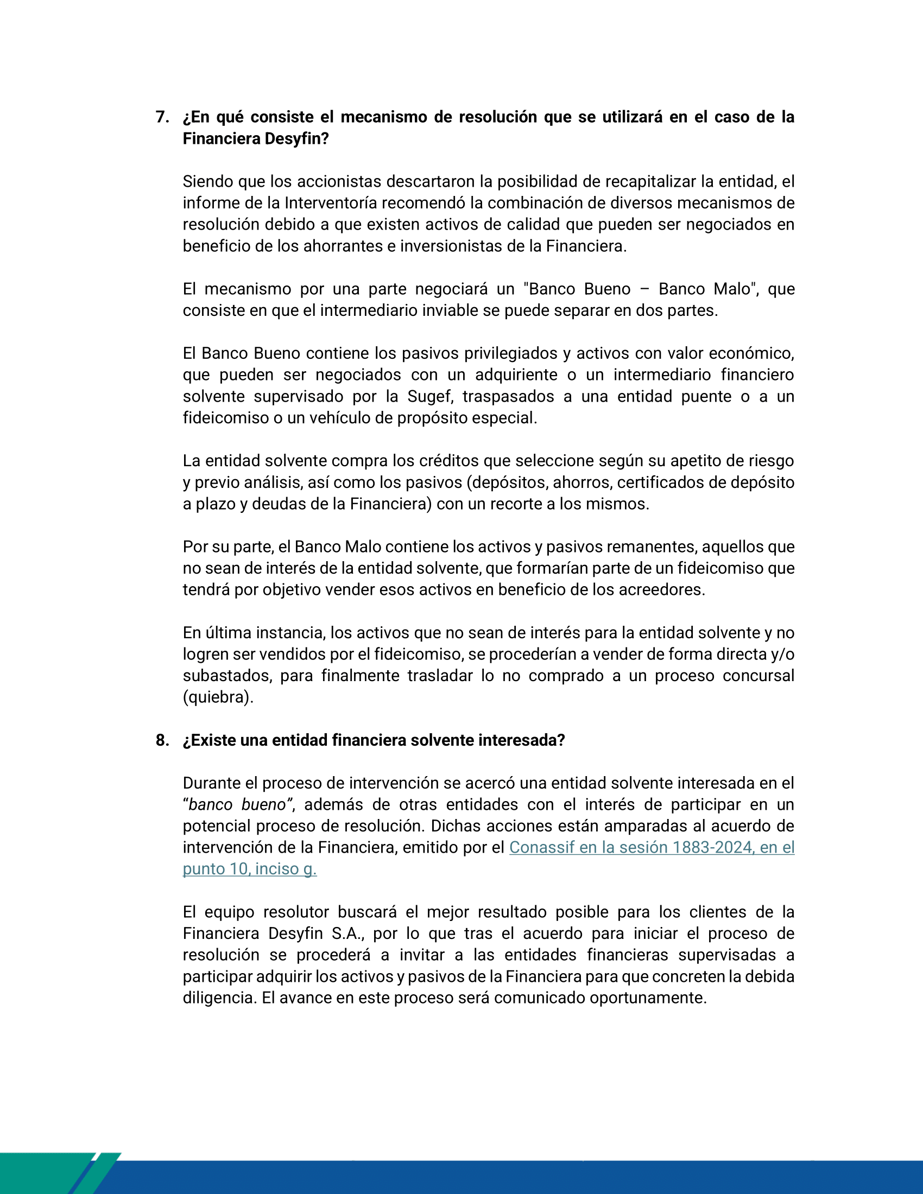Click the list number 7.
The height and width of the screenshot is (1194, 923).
[x=162, y=117]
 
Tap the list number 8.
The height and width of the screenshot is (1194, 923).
[x=162, y=740]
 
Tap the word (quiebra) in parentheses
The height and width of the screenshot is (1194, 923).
[x=217, y=697]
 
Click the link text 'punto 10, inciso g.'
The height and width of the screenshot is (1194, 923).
[x=249, y=869]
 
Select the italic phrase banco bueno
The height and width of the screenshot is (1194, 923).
[x=237, y=805]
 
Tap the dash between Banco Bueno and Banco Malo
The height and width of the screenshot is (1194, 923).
[x=644, y=289]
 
